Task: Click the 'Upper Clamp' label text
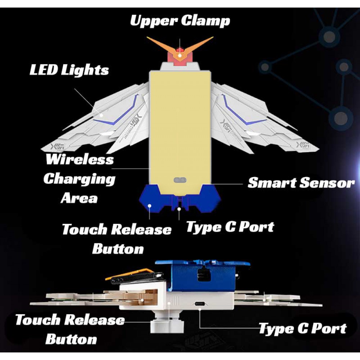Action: (180, 21)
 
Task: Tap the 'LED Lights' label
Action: (69, 70)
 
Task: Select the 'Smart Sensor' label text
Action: (301, 183)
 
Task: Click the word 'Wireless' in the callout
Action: (80, 159)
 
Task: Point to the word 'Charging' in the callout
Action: (80, 179)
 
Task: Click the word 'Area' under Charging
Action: (79, 198)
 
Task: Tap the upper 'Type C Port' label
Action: (230, 226)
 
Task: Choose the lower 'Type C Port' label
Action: (302, 328)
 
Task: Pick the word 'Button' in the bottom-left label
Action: (71, 339)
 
